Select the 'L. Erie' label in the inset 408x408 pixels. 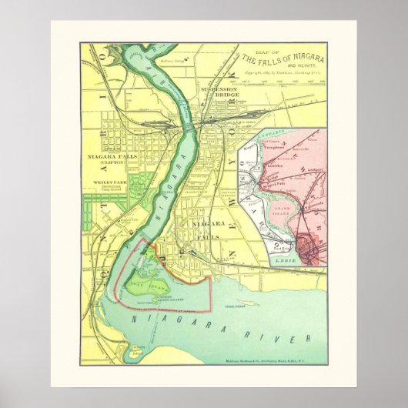(x=285, y=261)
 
